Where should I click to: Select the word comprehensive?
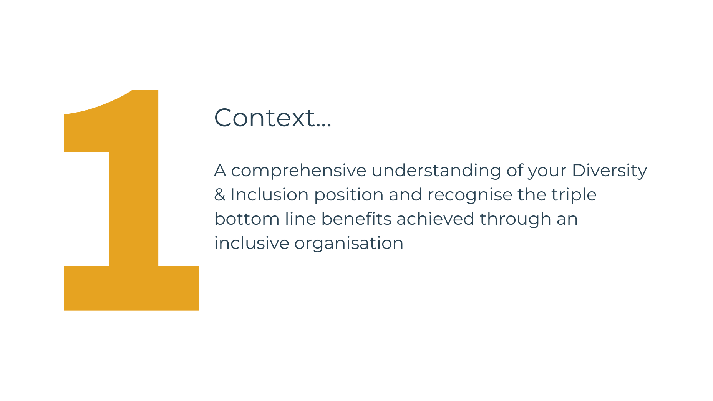tap(298, 171)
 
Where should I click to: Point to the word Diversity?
tap(609, 171)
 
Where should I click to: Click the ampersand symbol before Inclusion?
tap(220, 195)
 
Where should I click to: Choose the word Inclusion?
tap(269, 195)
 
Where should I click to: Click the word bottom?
tap(247, 219)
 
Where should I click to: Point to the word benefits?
tap(356, 219)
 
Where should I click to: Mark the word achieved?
tap(436, 219)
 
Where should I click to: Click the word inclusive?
tap(252, 243)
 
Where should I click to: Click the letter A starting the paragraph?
tap(220, 171)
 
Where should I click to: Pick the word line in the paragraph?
tap(300, 219)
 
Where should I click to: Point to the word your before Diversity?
tap(547, 172)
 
